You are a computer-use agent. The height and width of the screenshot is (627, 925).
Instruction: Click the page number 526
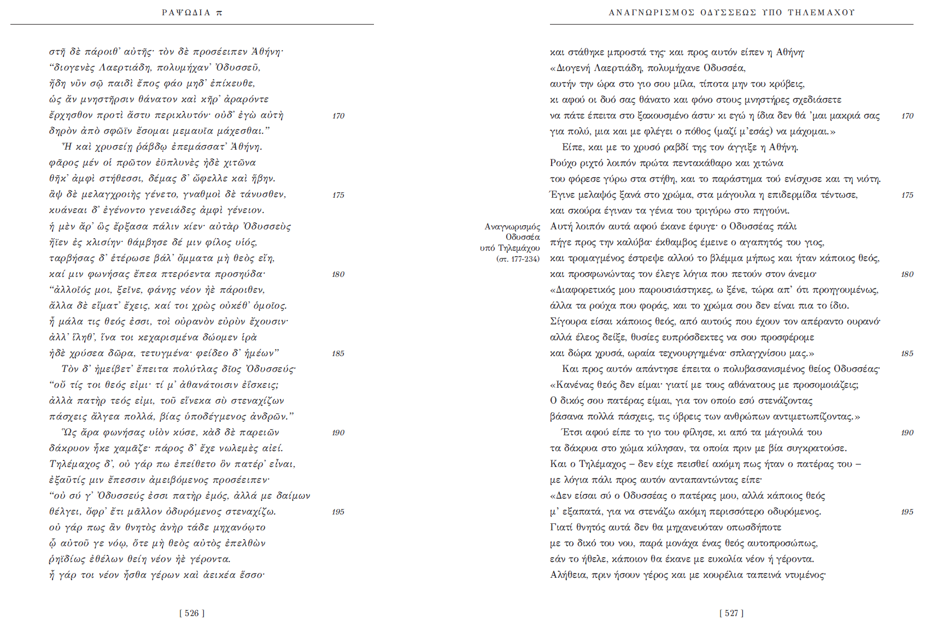[192, 613]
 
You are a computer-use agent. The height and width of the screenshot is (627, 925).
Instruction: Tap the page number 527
[731, 613]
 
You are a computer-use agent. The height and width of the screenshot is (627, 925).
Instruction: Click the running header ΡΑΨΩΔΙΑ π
[192, 13]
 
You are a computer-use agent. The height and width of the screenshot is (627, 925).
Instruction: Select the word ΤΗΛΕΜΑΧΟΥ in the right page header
[821, 13]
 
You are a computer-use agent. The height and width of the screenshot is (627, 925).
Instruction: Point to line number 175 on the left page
[338, 195]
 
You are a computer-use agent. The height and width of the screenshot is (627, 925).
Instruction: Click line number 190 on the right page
[907, 433]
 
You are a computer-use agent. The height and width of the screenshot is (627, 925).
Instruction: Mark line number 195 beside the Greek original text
[338, 512]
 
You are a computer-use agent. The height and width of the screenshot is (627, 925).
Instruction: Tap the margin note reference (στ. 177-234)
[518, 259]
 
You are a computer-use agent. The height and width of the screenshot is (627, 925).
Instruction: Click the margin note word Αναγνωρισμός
[512, 227]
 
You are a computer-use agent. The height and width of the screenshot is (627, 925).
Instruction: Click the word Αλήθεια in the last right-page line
[569, 575]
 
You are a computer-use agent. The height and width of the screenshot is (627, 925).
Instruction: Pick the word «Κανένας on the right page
[573, 385]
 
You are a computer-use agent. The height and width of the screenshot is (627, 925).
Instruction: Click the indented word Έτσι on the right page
[572, 433]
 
